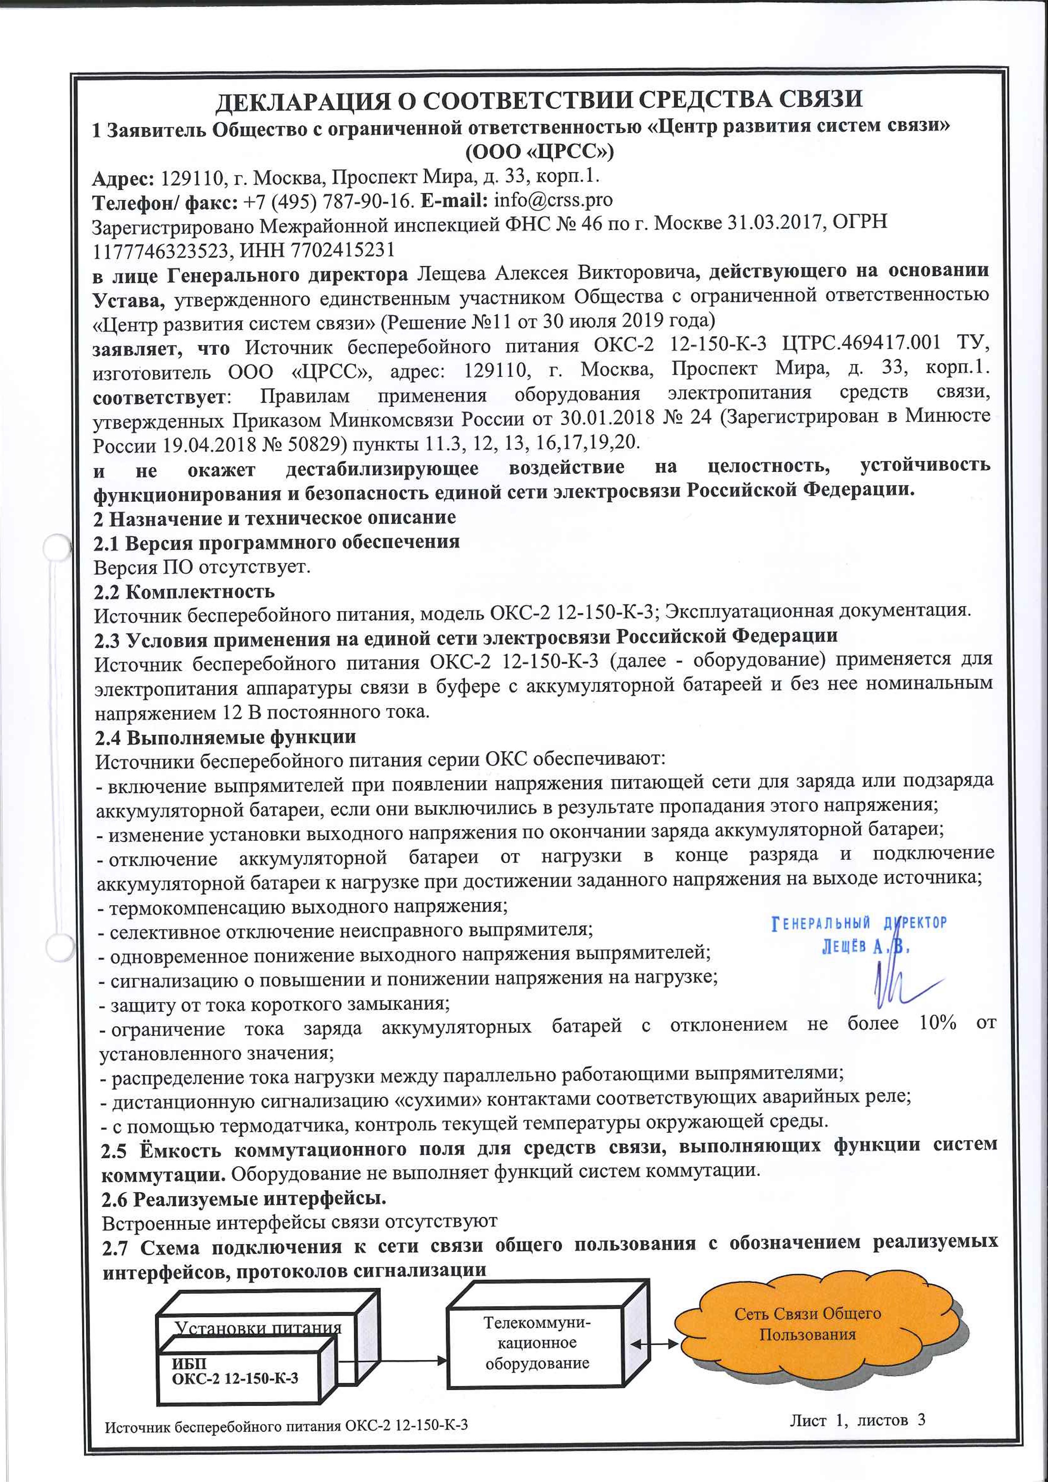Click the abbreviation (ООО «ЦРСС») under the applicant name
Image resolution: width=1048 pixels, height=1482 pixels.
point(540,152)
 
